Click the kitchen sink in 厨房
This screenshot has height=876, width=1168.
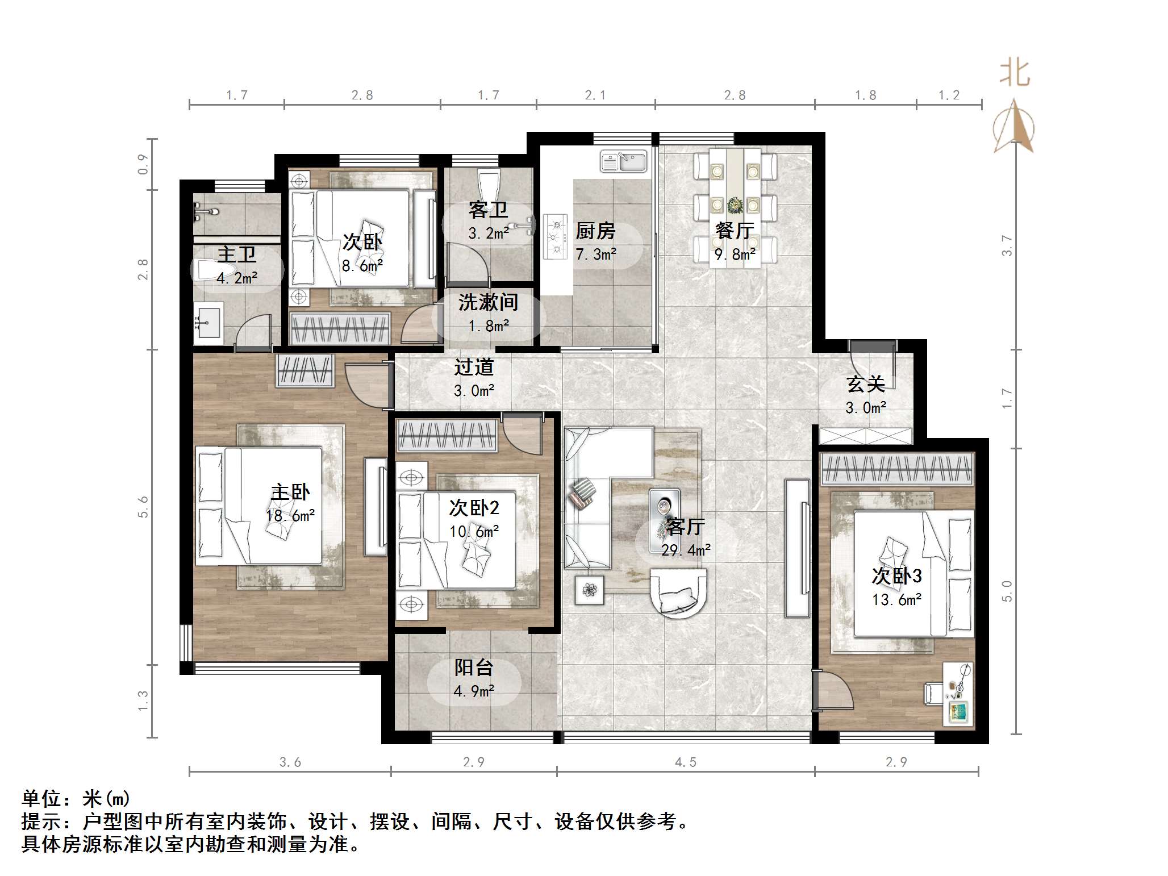coord(623,161)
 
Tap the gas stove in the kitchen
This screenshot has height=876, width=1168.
coord(555,236)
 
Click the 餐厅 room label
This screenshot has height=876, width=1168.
coord(735,231)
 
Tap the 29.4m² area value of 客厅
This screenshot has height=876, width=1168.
coord(686,550)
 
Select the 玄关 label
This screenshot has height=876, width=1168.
coord(865,385)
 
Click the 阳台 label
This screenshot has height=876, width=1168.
coord(473,668)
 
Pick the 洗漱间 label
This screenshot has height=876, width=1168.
coord(488,302)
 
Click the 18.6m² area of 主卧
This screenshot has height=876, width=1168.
coord(290,515)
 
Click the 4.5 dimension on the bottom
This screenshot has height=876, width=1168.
coord(685,762)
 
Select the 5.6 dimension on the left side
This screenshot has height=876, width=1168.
coord(143,507)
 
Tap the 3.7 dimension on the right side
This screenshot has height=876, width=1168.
coord(1007,246)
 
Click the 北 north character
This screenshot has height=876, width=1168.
coord(1015,74)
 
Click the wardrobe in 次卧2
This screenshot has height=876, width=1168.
coord(447,436)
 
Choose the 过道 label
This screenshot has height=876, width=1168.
coord(473,368)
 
